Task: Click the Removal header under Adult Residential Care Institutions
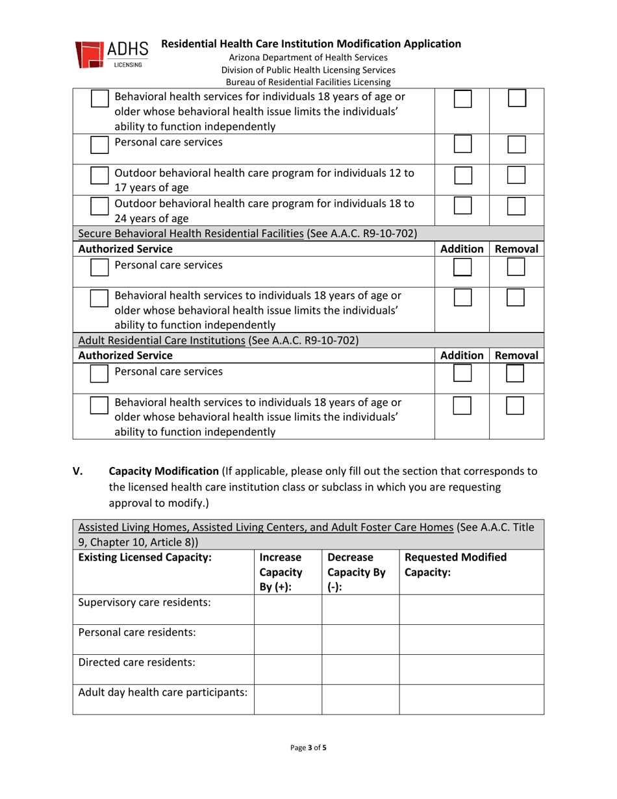[516, 355]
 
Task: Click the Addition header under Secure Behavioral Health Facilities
[461, 249]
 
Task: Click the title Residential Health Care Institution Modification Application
[310, 44]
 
